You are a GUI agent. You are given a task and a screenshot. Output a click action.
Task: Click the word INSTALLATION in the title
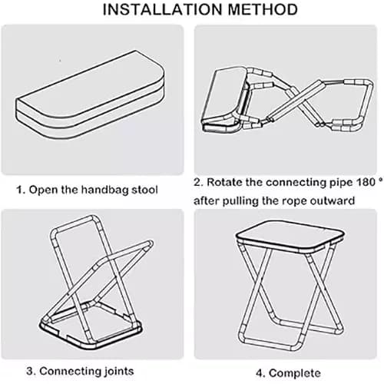(163, 9)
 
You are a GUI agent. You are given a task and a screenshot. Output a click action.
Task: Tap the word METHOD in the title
(263, 9)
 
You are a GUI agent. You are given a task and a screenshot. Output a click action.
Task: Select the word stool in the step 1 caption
(144, 190)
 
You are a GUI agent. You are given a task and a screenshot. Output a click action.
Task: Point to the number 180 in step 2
(366, 182)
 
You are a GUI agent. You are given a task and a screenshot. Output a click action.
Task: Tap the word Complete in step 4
(295, 373)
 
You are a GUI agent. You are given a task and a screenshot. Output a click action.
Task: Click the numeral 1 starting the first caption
(19, 190)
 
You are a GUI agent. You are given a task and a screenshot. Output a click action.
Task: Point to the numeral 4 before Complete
(260, 373)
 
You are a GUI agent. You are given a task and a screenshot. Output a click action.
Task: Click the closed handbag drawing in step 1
(90, 94)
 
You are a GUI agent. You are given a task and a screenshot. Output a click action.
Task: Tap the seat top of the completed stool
(290, 236)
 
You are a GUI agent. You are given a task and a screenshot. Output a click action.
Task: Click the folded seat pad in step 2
(225, 100)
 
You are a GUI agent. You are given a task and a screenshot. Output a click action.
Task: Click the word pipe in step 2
(341, 183)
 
